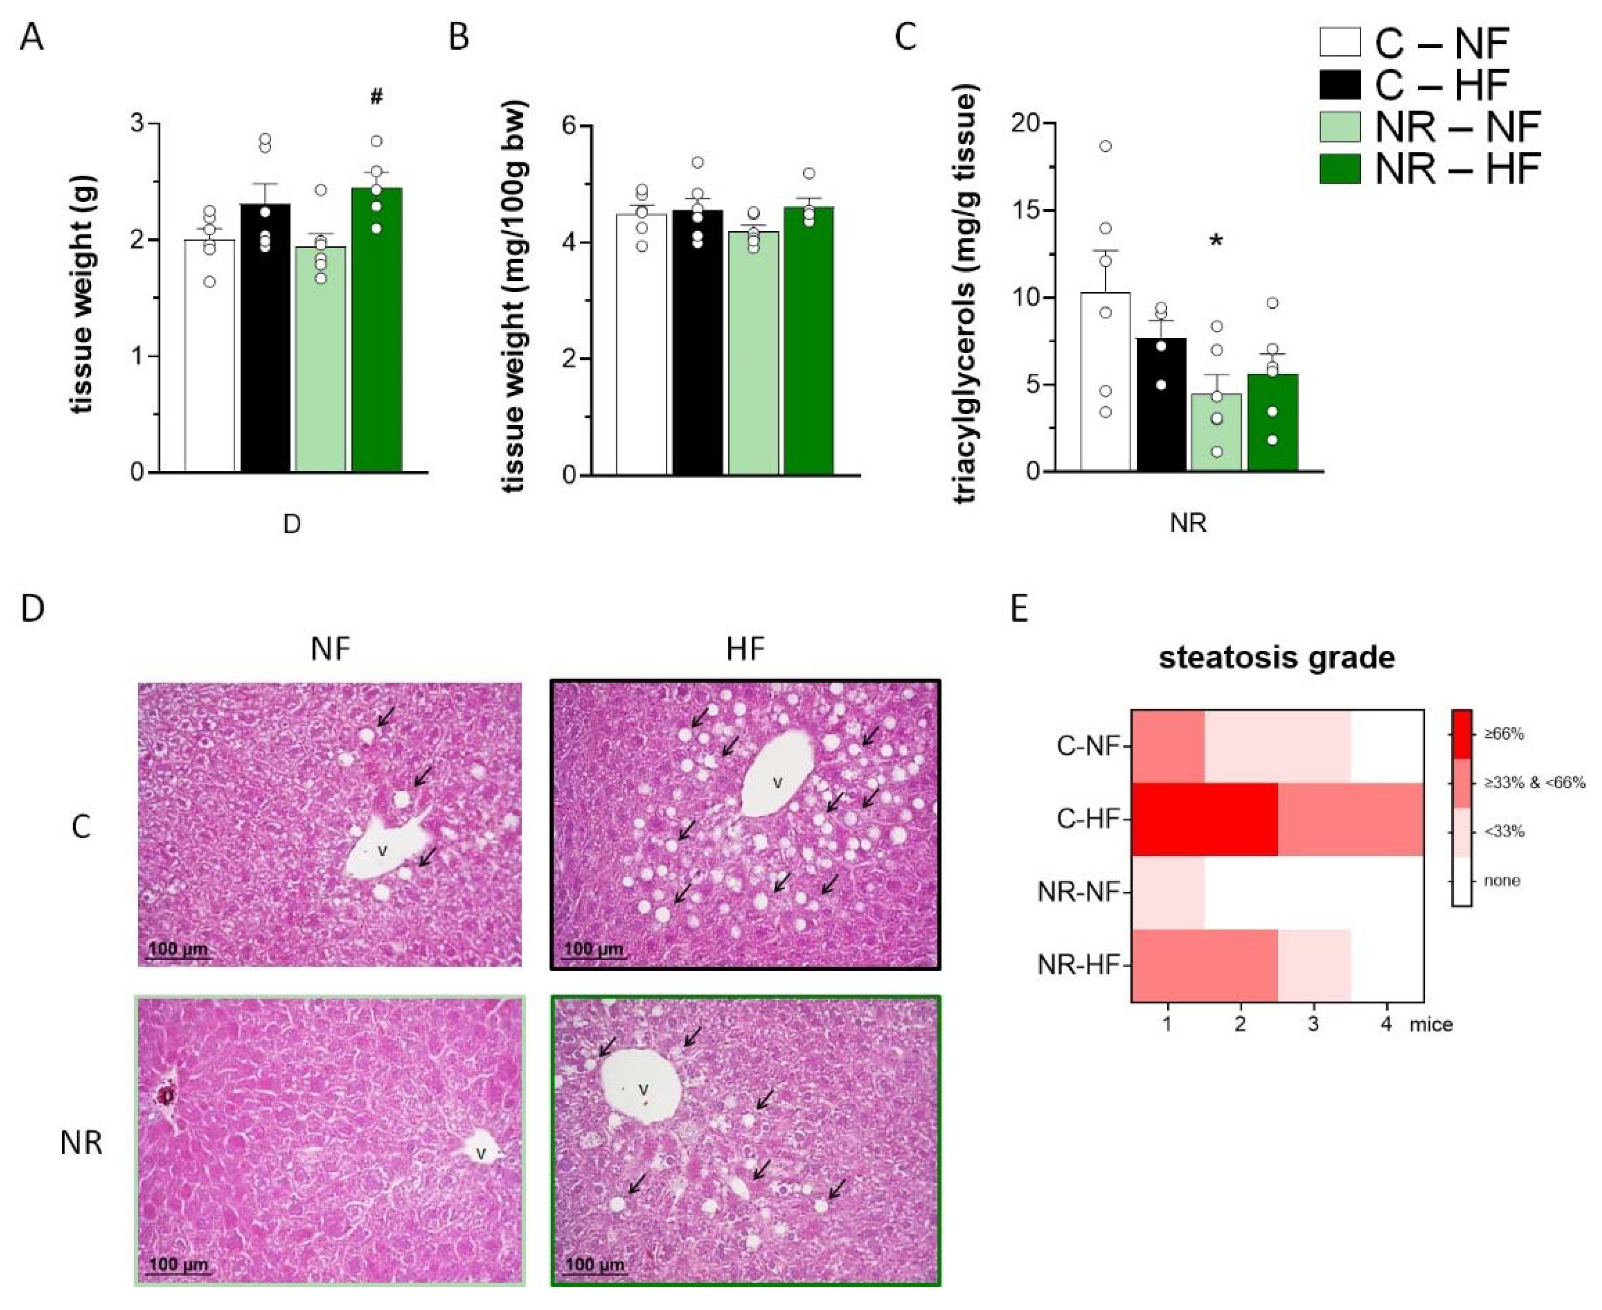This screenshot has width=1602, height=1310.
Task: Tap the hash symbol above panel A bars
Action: coord(376,97)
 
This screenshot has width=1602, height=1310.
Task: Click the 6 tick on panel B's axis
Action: coord(573,125)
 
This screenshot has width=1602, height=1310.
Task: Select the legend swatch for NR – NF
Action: coord(1339,126)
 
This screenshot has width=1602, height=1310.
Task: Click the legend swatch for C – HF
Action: coord(1339,84)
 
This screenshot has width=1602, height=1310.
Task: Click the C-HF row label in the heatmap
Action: coord(1086,819)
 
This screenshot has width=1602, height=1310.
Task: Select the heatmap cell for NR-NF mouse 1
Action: coord(1167,892)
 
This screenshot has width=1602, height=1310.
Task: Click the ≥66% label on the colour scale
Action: coord(1504,733)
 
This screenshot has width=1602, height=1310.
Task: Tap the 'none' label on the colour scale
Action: coord(1501,881)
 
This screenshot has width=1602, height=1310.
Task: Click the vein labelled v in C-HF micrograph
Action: coord(775,783)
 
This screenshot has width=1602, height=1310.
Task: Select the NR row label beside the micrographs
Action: coord(81,1143)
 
